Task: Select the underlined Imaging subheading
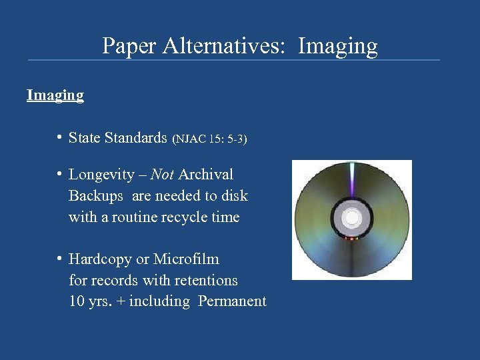55,95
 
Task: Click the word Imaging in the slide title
338,46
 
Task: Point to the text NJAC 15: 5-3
209,139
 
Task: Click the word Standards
136,138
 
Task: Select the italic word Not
162,175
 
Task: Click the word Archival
206,175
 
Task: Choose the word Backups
96,196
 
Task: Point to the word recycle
180,217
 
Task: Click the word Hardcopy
100,259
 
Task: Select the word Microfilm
186,259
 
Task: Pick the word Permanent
232,301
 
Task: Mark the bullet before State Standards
60,138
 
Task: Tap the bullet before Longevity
60,175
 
